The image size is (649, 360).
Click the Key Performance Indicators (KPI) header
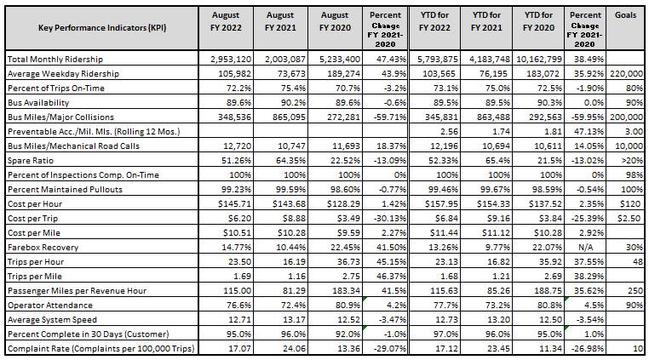tap(101, 28)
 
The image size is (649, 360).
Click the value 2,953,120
tap(233, 60)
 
